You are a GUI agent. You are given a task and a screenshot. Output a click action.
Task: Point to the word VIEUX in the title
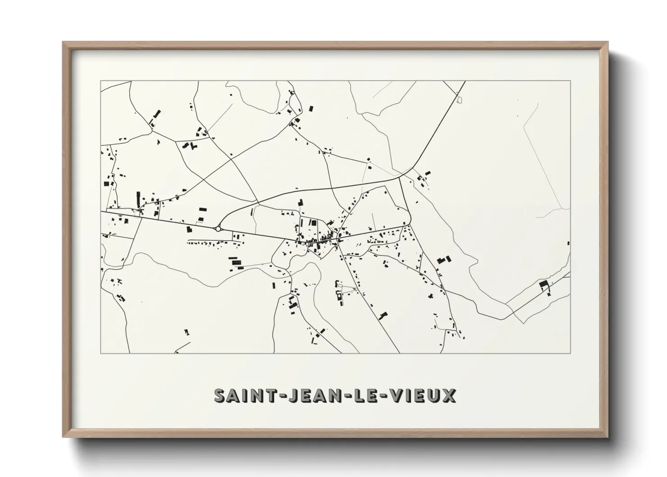point(422,395)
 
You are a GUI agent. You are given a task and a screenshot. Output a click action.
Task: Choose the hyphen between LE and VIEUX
point(384,396)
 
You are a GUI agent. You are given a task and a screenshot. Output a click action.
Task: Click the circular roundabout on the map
point(219,229)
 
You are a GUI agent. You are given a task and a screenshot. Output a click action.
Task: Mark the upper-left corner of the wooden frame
point(63,42)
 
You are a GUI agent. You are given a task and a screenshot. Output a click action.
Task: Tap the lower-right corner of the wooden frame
point(608,437)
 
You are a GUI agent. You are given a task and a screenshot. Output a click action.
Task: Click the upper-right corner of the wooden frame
point(608,42)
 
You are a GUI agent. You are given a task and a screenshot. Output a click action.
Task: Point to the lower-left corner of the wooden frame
point(63,437)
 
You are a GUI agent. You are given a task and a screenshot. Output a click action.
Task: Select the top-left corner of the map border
point(101,81)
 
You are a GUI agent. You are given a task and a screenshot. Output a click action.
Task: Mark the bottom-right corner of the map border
point(571,353)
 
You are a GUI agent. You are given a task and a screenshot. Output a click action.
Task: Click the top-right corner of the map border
point(571,81)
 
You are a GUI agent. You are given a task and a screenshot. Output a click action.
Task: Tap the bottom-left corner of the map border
point(101,353)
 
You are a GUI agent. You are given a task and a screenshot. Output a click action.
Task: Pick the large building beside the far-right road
point(544,284)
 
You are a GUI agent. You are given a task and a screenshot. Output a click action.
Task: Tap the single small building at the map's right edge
point(568,243)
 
